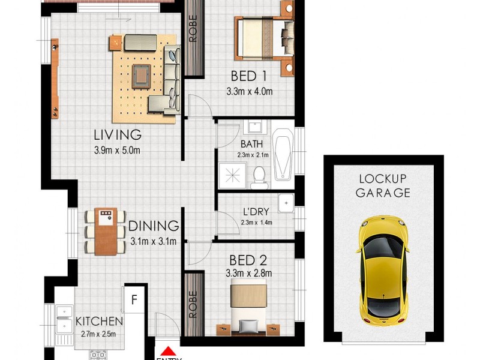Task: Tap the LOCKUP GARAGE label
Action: pos(383,186)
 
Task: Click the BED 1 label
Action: pos(248,76)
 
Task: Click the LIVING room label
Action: pos(117,134)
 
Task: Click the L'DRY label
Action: pos(256,212)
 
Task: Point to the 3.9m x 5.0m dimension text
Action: pos(117,150)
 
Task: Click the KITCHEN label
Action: pos(99,322)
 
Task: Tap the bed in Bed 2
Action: pos(248,306)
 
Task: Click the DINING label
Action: pos(154,226)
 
